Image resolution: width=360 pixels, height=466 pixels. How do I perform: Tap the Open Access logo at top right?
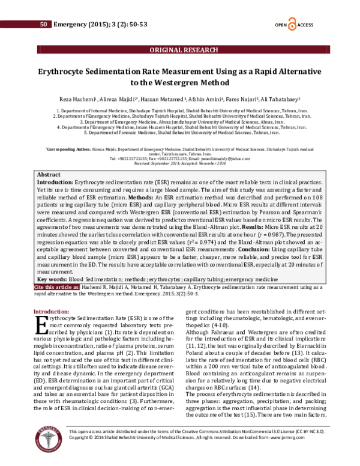(x=292, y=24)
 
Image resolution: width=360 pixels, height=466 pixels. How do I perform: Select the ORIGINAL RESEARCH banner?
(x=179, y=50)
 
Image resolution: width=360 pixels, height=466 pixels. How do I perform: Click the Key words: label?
(x=52, y=279)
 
